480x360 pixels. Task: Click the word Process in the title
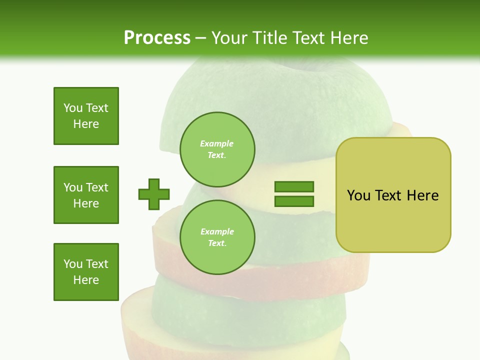click(157, 38)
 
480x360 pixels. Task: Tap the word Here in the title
click(348, 38)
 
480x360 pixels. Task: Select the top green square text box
click(86, 116)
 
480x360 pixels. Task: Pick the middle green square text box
click(86, 195)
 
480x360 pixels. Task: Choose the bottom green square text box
click(86, 272)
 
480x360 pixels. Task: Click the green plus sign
click(154, 194)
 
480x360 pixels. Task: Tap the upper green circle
click(217, 149)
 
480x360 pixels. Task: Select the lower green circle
click(217, 237)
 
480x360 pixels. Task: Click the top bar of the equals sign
click(294, 187)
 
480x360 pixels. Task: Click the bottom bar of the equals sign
click(294, 201)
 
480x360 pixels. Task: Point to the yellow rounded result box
click(393, 220)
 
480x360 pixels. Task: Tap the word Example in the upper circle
click(217, 143)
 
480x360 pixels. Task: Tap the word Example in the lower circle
click(217, 231)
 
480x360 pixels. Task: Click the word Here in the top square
click(86, 124)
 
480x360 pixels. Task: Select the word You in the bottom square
click(73, 264)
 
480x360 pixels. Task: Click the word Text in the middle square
click(96, 187)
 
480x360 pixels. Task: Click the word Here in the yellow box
click(422, 195)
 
